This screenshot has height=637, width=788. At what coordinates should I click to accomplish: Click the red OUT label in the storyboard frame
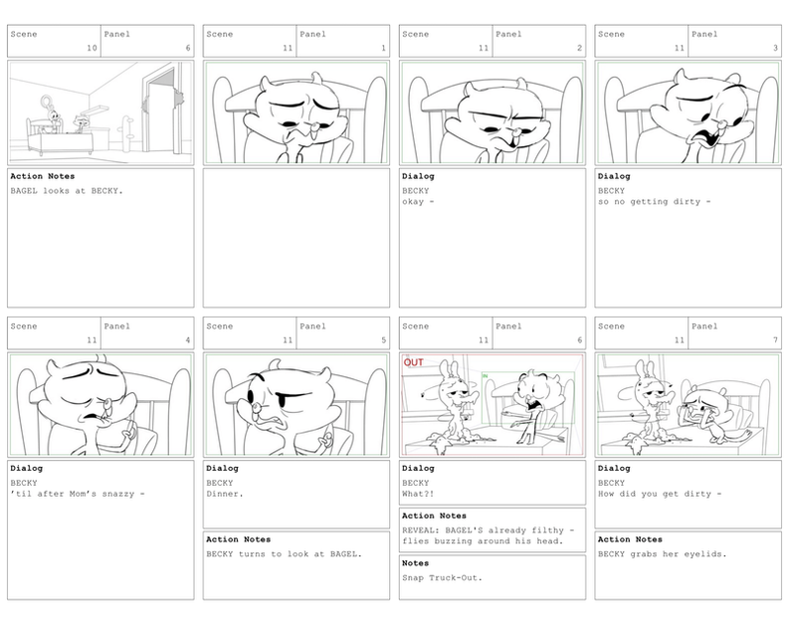[414, 362]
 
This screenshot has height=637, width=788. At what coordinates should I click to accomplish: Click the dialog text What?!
[418, 495]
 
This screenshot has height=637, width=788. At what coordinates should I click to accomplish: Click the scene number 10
[92, 48]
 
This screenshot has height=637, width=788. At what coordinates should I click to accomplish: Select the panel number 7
[775, 340]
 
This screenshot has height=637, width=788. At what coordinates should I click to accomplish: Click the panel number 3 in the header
[775, 48]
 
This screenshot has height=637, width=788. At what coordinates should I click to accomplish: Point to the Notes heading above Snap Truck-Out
[415, 563]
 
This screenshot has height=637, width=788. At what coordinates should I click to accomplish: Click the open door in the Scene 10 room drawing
[161, 110]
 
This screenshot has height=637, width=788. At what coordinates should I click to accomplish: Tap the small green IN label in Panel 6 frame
[485, 376]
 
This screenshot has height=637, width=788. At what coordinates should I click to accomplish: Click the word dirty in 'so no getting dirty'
[686, 202]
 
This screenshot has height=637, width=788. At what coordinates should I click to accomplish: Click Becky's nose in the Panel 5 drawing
[256, 407]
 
